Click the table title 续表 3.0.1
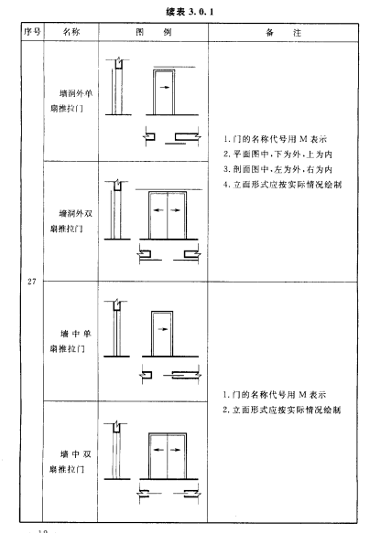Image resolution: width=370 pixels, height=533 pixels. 190,12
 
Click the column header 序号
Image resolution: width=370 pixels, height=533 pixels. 32,32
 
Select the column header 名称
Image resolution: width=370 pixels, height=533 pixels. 71,32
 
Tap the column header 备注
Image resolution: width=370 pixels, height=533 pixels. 283,33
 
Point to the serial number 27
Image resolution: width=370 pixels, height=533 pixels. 32,282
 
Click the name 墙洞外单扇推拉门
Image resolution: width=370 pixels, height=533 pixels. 71,101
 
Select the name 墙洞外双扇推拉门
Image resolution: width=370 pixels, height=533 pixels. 71,221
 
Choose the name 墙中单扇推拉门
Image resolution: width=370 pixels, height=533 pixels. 71,341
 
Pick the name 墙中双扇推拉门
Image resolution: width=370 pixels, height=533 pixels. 71,462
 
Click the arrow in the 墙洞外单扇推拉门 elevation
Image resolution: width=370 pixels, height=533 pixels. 165,88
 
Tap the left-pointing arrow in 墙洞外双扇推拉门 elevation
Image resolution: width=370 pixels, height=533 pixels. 158,210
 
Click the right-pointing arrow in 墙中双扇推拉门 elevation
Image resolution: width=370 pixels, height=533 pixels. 175,450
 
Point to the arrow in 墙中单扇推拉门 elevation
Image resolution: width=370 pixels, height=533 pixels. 163,329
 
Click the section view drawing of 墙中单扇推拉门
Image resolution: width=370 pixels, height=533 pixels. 116,328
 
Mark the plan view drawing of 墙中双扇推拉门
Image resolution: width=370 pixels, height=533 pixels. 169,494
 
